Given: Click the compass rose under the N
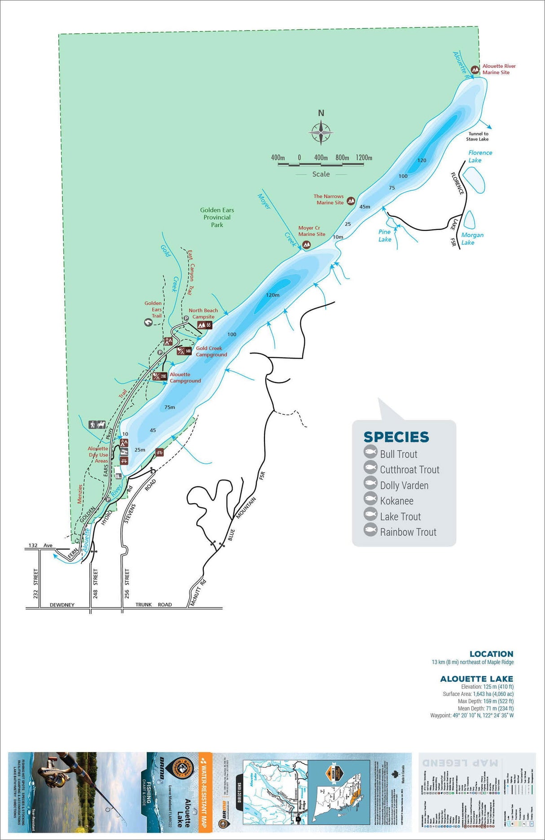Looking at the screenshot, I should pyautogui.click(x=321, y=133).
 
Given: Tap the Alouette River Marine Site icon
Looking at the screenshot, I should pyautogui.click(x=475, y=70).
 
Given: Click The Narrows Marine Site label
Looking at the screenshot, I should pyautogui.click(x=329, y=199).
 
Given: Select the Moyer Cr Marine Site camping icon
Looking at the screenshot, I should pyautogui.click(x=307, y=245).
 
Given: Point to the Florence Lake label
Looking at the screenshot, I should pyautogui.click(x=479, y=156).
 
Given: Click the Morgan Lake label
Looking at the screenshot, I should pyautogui.click(x=472, y=238).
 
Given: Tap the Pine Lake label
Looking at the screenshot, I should pyautogui.click(x=385, y=235).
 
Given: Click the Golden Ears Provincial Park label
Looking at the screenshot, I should pyautogui.click(x=217, y=217).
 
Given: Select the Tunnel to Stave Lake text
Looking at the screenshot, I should pyautogui.click(x=478, y=136).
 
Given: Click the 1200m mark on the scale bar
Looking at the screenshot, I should pyautogui.click(x=364, y=158).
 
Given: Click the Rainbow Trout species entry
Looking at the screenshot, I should pyautogui.click(x=408, y=532).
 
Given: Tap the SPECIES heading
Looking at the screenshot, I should pyautogui.click(x=396, y=437).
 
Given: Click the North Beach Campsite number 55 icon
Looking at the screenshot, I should pyautogui.click(x=204, y=325).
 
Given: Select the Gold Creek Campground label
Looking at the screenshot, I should pyautogui.click(x=211, y=351).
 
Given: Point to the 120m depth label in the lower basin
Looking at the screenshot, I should pyautogui.click(x=272, y=295).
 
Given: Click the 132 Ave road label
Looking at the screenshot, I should pyautogui.click(x=40, y=545).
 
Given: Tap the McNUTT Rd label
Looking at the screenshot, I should pyautogui.click(x=198, y=593).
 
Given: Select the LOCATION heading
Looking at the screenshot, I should pyautogui.click(x=491, y=654).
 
